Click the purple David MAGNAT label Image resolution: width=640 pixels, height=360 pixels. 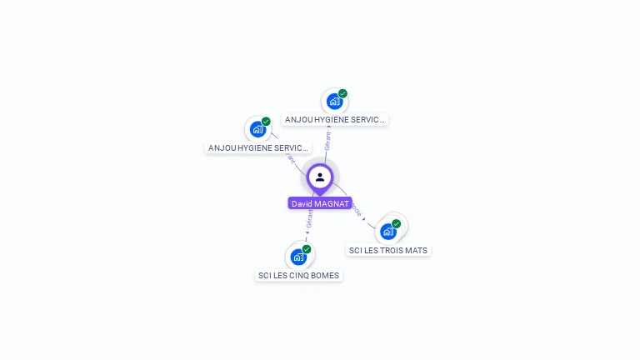click(320, 203)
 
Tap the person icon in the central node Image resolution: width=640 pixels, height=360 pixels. click(320, 177)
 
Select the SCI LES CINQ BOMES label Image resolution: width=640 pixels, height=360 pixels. click(298, 275)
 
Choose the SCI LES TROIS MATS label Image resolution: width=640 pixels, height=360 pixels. click(388, 250)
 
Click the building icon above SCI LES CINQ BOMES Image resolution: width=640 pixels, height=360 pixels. click(298, 257)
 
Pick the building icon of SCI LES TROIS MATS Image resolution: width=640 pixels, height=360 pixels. click(388, 231)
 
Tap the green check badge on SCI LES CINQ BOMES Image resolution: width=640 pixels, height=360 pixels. click(307, 249)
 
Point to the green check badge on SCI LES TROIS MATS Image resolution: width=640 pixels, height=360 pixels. click(397, 223)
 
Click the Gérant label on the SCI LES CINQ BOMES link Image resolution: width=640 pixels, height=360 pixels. click(310, 218)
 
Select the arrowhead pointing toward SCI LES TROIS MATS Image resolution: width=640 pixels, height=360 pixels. click(364, 219)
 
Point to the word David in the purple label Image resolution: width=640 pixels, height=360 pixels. click(302, 203)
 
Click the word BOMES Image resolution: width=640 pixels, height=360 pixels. click(324, 275)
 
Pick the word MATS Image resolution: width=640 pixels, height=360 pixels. click(416, 250)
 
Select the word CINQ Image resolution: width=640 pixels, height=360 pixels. click(298, 275)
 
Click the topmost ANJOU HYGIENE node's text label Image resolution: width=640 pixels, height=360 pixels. click(335, 119)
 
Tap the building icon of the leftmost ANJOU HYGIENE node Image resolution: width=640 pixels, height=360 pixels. click(257, 129)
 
